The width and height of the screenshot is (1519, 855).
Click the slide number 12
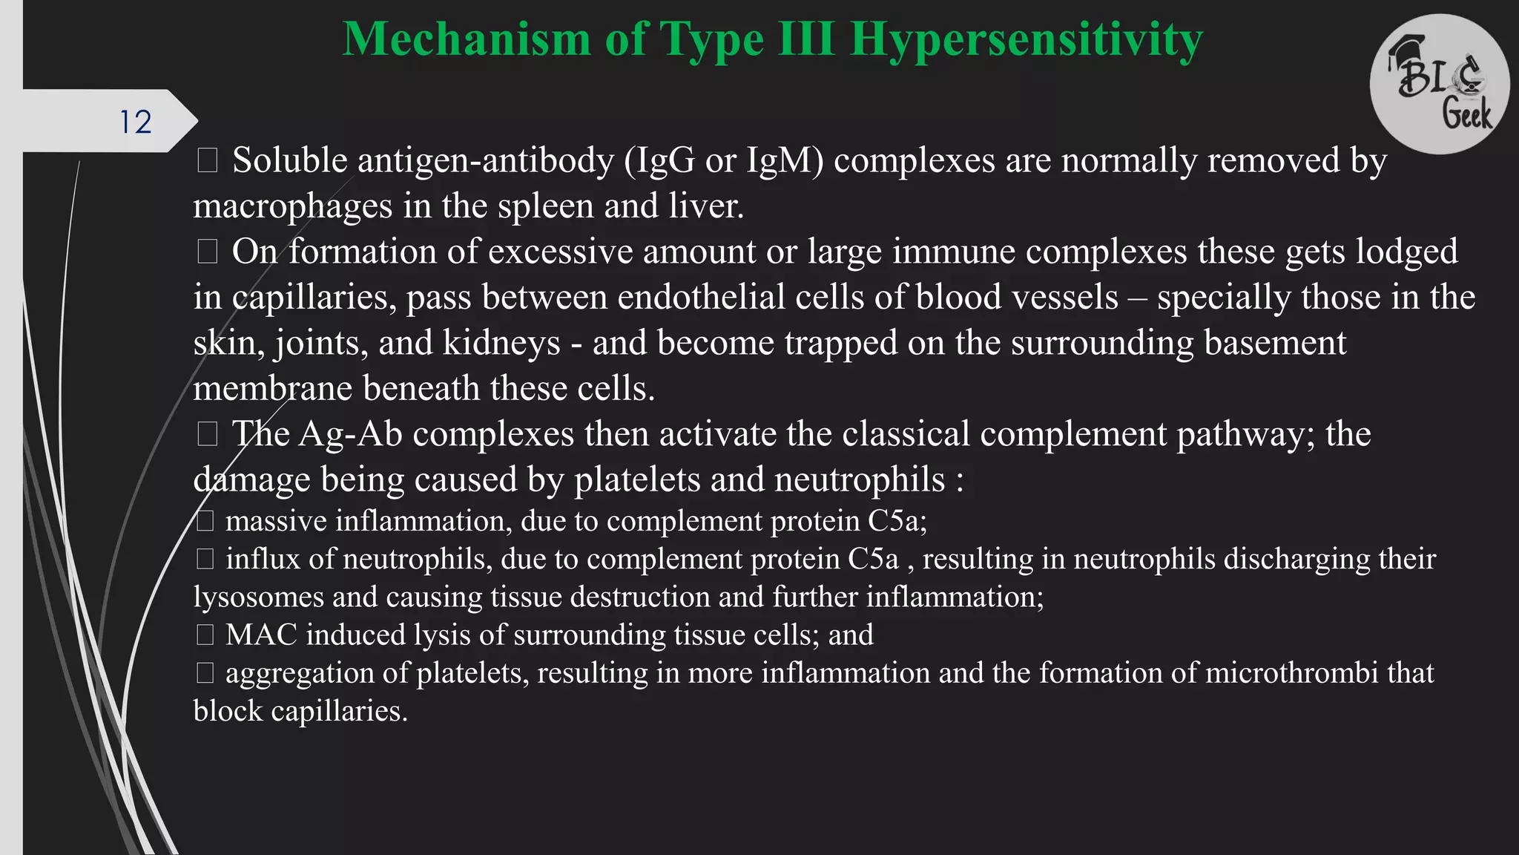point(136,122)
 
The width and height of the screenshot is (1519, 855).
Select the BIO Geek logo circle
point(1439,84)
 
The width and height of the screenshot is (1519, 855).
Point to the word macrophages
point(292,206)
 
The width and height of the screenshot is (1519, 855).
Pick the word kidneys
point(501,343)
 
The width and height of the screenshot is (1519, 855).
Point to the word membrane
point(272,388)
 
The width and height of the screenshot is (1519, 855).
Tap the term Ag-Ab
point(350,434)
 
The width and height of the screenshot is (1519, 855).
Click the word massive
point(276,521)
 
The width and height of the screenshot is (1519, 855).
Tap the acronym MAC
point(261,635)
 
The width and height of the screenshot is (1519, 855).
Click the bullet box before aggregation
point(205,673)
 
